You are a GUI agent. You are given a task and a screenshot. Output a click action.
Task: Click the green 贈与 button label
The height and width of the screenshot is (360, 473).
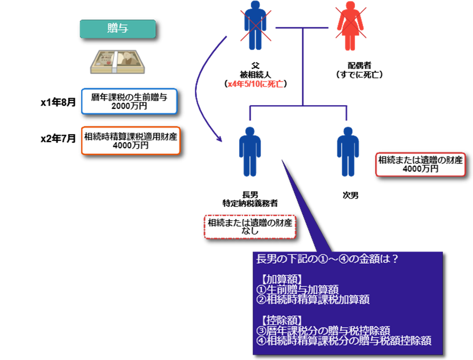(117, 29)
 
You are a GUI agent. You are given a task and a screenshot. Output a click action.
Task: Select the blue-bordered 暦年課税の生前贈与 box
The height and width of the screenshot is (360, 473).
(129, 101)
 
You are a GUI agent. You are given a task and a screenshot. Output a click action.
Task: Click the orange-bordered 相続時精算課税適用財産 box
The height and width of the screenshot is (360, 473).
(131, 140)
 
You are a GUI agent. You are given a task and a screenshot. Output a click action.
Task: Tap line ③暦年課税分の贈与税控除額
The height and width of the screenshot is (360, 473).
(323, 330)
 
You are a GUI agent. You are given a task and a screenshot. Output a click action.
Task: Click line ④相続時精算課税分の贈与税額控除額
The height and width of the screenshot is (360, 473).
(344, 340)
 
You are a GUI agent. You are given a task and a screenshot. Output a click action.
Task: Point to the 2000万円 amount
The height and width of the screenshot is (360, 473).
(129, 106)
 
